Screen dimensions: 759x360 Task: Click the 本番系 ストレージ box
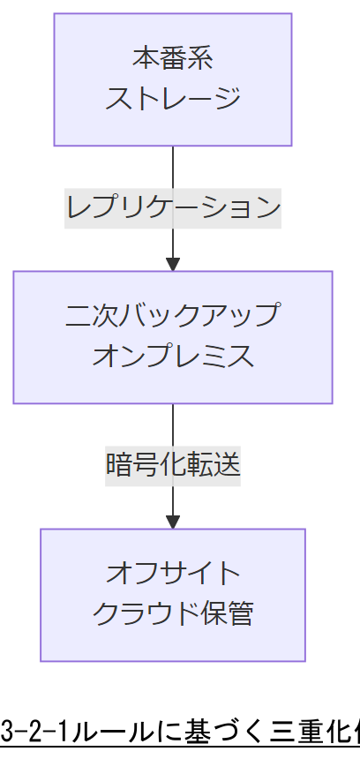click(x=173, y=79)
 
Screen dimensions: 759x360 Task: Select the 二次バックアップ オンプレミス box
click(x=173, y=336)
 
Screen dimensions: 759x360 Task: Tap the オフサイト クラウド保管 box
click(x=173, y=594)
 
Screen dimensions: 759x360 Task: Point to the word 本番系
click(x=173, y=61)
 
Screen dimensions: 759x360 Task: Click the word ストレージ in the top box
click(x=173, y=98)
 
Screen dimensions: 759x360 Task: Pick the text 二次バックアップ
click(x=173, y=316)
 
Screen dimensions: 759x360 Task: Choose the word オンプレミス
click(x=173, y=356)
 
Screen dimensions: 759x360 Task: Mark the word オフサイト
click(x=173, y=574)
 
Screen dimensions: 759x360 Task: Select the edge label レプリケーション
click(x=173, y=208)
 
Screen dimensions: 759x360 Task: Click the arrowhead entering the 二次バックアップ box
click(x=173, y=263)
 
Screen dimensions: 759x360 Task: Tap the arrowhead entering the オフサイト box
click(x=173, y=521)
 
